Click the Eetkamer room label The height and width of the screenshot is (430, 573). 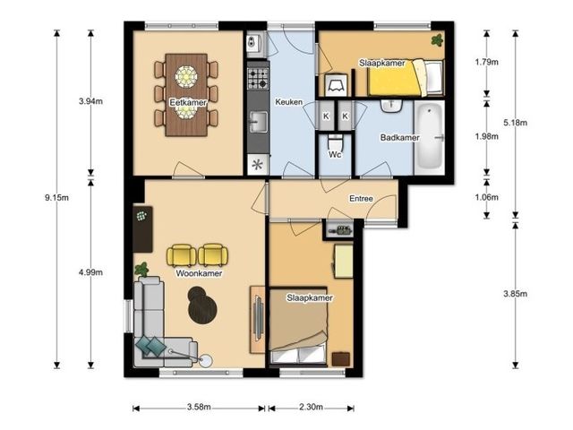pyautogui.click(x=188, y=102)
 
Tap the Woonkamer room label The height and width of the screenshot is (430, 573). pyautogui.click(x=199, y=273)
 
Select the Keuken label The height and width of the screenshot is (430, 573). pyautogui.click(x=288, y=101)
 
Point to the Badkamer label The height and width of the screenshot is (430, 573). pyautogui.click(x=400, y=137)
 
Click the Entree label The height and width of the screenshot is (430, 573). pyautogui.click(x=361, y=199)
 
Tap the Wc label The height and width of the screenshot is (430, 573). pyautogui.click(x=335, y=154)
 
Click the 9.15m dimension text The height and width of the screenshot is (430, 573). pyautogui.click(x=56, y=198)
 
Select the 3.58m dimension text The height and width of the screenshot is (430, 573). pyautogui.click(x=199, y=407)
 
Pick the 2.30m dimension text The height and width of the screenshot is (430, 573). pyautogui.click(x=311, y=407)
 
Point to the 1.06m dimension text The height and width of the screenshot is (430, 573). pyautogui.click(x=486, y=197)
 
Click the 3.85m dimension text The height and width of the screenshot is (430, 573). pyautogui.click(x=516, y=294)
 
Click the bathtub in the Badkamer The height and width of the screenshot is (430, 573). pyautogui.click(x=430, y=136)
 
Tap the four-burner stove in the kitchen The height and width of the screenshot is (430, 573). pyautogui.click(x=258, y=79)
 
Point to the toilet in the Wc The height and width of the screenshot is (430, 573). pyautogui.click(x=335, y=142)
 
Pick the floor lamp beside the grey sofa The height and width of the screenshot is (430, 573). pyautogui.click(x=206, y=360)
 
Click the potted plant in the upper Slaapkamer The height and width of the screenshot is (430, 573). pyautogui.click(x=437, y=39)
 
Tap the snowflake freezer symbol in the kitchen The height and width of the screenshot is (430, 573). pyautogui.click(x=258, y=165)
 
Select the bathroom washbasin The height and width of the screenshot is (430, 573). pyautogui.click(x=391, y=106)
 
